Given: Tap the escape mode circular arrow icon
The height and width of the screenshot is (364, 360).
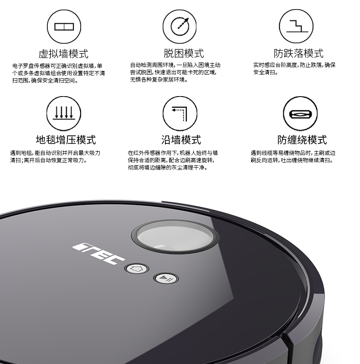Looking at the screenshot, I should click(180, 26).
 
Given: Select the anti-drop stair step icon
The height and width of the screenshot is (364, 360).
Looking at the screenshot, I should click(296, 26).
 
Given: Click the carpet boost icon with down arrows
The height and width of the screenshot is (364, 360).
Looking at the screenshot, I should click(64, 112).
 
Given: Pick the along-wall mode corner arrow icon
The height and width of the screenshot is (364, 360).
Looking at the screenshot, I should click(180, 112).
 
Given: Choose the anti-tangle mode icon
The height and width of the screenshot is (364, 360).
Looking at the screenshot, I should click(300, 112).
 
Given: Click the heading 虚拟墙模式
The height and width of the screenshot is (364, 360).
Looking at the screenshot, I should click(63, 53).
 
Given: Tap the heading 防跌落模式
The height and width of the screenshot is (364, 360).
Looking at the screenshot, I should click(299, 53).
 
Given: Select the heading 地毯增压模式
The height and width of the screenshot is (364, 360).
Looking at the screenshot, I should click(66, 139).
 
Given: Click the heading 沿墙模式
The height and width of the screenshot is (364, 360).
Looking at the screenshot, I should click(181, 139).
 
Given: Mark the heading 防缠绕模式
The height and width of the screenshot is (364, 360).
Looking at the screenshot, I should click(302, 139).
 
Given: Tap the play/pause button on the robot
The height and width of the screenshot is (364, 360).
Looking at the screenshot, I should click(164, 278).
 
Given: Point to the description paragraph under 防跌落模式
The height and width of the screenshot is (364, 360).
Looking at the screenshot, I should click(294, 69).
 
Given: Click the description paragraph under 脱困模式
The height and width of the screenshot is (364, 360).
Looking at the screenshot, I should click(175, 72).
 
